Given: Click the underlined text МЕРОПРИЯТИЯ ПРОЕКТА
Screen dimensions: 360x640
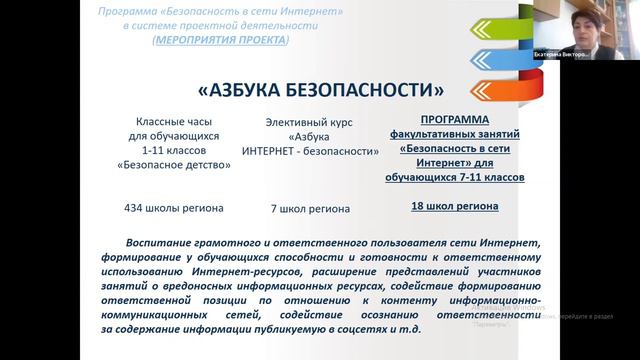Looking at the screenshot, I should click(220, 40).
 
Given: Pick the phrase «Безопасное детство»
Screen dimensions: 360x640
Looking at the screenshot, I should click(168, 167).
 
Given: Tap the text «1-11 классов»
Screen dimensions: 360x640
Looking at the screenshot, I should click(168, 152).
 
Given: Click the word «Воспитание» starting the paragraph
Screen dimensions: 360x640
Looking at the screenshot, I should click(159, 243).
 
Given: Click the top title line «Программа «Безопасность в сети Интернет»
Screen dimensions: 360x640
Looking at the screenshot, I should click(221, 10).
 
